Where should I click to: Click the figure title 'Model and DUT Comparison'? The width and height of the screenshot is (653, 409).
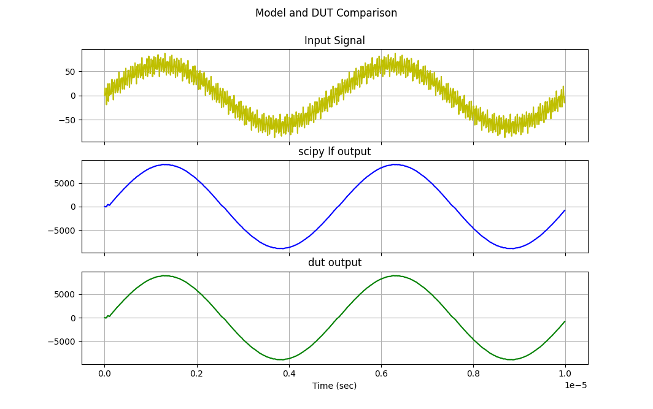[x=326, y=13]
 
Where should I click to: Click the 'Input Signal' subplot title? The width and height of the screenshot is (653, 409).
[x=334, y=41]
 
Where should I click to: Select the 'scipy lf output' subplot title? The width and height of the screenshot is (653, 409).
[x=334, y=152]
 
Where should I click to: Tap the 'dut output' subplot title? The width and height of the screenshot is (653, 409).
[x=334, y=263]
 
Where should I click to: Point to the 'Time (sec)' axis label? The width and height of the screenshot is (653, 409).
[x=334, y=386]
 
